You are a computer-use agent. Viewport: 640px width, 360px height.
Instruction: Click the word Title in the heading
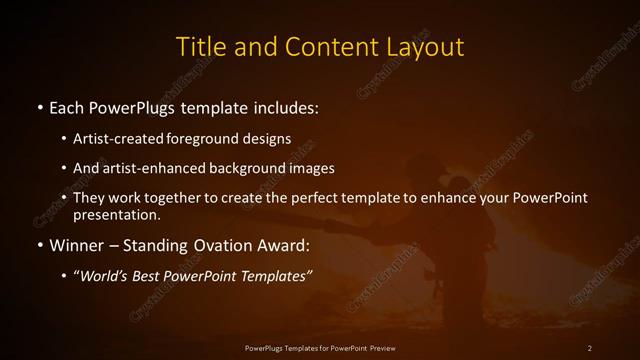point(199,47)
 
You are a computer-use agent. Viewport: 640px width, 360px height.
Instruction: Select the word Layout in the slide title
point(424,47)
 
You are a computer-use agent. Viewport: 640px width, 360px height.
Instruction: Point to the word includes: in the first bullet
point(287,106)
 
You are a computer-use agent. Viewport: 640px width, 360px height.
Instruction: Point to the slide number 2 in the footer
point(590,347)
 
